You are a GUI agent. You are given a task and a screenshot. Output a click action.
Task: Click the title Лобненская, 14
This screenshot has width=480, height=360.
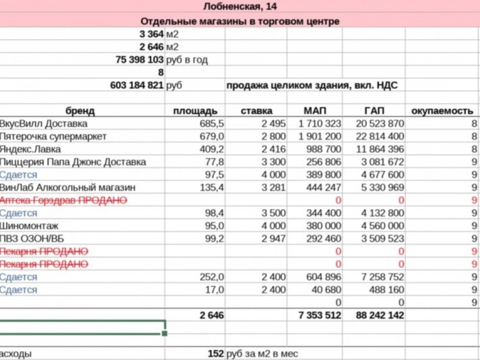240,7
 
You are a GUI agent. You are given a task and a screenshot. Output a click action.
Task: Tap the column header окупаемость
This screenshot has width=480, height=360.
443,111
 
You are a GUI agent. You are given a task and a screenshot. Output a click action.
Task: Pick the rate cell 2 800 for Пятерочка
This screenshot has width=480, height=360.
274,136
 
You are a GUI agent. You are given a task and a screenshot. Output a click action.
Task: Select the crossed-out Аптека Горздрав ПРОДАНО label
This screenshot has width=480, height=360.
67,200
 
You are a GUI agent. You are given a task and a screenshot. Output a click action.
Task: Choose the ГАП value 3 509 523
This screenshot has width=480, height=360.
379,239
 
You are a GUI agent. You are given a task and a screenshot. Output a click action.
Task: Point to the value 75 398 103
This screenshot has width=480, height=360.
140,60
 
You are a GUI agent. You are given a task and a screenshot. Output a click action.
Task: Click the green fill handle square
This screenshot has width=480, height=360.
165,333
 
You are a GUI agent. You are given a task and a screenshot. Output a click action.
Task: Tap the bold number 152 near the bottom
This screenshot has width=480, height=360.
216,354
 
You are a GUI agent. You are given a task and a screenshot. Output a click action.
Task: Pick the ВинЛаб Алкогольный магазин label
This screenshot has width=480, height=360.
67,187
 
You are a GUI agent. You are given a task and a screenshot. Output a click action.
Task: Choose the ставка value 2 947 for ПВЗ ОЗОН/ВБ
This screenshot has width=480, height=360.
274,239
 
